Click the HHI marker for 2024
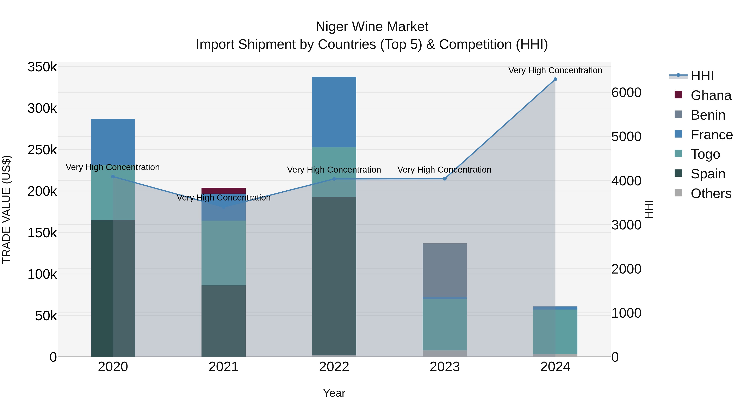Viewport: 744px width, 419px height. pyautogui.click(x=555, y=79)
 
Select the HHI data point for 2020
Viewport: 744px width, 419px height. pyautogui.click(x=113, y=177)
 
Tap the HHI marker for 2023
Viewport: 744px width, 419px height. pyautogui.click(x=445, y=179)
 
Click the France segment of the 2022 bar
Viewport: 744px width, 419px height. pyautogui.click(x=334, y=112)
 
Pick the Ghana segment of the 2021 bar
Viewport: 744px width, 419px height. pyautogui.click(x=224, y=191)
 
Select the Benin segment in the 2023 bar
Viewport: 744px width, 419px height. pyautogui.click(x=445, y=270)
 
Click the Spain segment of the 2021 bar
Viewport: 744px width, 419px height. pyautogui.click(x=224, y=321)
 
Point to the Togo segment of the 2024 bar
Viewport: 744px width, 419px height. pyautogui.click(x=555, y=332)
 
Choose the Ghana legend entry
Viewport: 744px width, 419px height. pyautogui.click(x=711, y=95)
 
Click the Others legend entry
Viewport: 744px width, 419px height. pyautogui.click(x=711, y=193)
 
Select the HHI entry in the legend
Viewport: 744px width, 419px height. pyautogui.click(x=702, y=76)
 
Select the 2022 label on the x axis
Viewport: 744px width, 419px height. pyautogui.click(x=334, y=367)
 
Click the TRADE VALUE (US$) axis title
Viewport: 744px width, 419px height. pyautogui.click(x=6, y=209)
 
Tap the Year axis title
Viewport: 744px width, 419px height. pyautogui.click(x=334, y=393)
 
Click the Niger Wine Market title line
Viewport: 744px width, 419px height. pyautogui.click(x=372, y=27)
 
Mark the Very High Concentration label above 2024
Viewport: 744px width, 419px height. pyautogui.click(x=555, y=70)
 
